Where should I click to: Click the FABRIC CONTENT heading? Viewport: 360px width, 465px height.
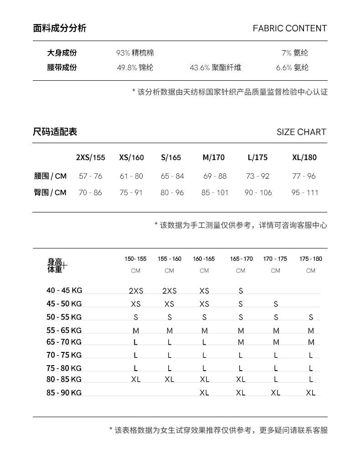point(290,28)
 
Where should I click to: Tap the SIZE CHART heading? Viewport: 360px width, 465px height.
point(301,132)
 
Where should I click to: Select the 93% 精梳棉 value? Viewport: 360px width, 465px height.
point(135,53)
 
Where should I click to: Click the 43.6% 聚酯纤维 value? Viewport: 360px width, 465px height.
point(215,67)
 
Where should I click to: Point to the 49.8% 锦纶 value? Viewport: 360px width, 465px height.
point(135,67)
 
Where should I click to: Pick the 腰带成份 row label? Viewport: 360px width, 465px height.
point(62,67)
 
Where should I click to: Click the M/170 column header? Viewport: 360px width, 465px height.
point(214,158)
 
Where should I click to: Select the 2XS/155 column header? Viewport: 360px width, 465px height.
point(90,158)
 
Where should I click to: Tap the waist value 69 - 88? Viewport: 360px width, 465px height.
point(215,176)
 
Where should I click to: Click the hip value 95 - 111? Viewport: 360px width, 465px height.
point(305,192)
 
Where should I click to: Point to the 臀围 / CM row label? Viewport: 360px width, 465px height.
point(50,192)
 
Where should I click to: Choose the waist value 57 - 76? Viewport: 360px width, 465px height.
point(90,176)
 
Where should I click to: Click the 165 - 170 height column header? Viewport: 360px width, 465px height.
point(241,259)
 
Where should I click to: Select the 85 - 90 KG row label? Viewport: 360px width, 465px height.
point(64,392)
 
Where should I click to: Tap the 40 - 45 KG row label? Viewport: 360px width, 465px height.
point(64,290)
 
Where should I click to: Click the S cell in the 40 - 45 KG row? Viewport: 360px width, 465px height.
point(241,291)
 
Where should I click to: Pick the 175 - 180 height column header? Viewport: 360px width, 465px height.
point(311,259)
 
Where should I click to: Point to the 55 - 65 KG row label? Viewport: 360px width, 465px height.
point(64,330)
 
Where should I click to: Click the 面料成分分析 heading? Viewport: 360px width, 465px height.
point(60,28)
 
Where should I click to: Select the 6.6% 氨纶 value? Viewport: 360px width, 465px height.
point(292,67)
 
